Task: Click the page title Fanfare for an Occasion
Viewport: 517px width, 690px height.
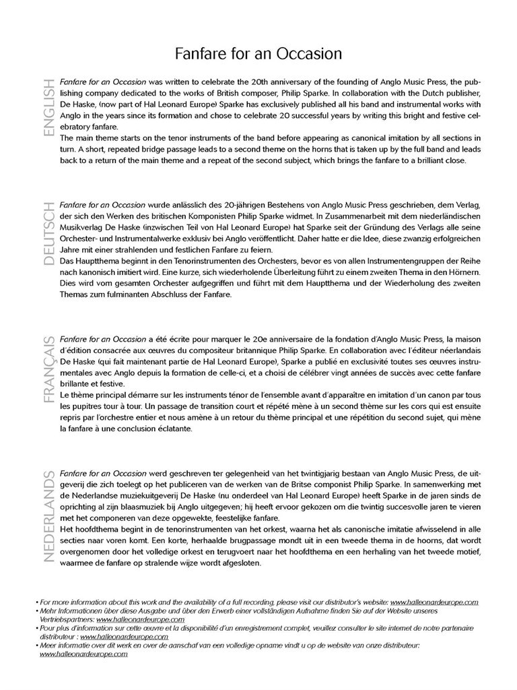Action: (x=258, y=53)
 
